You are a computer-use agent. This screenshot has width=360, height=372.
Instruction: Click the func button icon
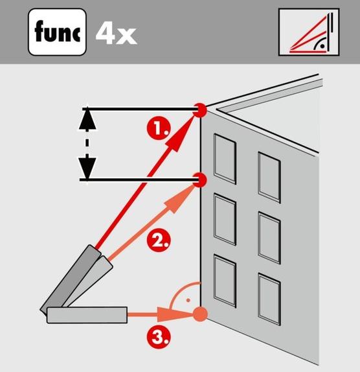tap(57, 31)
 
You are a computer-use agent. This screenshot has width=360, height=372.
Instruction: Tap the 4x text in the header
tap(117, 32)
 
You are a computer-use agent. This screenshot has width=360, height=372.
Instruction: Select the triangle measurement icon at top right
tap(308, 32)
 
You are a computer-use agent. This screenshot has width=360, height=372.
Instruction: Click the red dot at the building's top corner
tap(201, 110)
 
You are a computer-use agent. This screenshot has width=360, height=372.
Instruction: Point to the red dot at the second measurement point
tap(201, 179)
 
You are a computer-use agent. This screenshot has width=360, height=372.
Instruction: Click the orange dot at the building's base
tap(201, 315)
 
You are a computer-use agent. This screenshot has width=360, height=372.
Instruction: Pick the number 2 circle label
tap(157, 241)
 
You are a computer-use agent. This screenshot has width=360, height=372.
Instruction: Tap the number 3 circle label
tap(157, 336)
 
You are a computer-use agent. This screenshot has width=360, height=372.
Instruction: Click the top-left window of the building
tap(225, 159)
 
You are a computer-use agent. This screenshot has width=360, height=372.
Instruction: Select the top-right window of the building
tap(269, 175)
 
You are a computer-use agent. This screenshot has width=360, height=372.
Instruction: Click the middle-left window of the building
tap(225, 219)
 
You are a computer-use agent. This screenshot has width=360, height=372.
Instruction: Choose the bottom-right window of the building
tap(269, 298)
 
